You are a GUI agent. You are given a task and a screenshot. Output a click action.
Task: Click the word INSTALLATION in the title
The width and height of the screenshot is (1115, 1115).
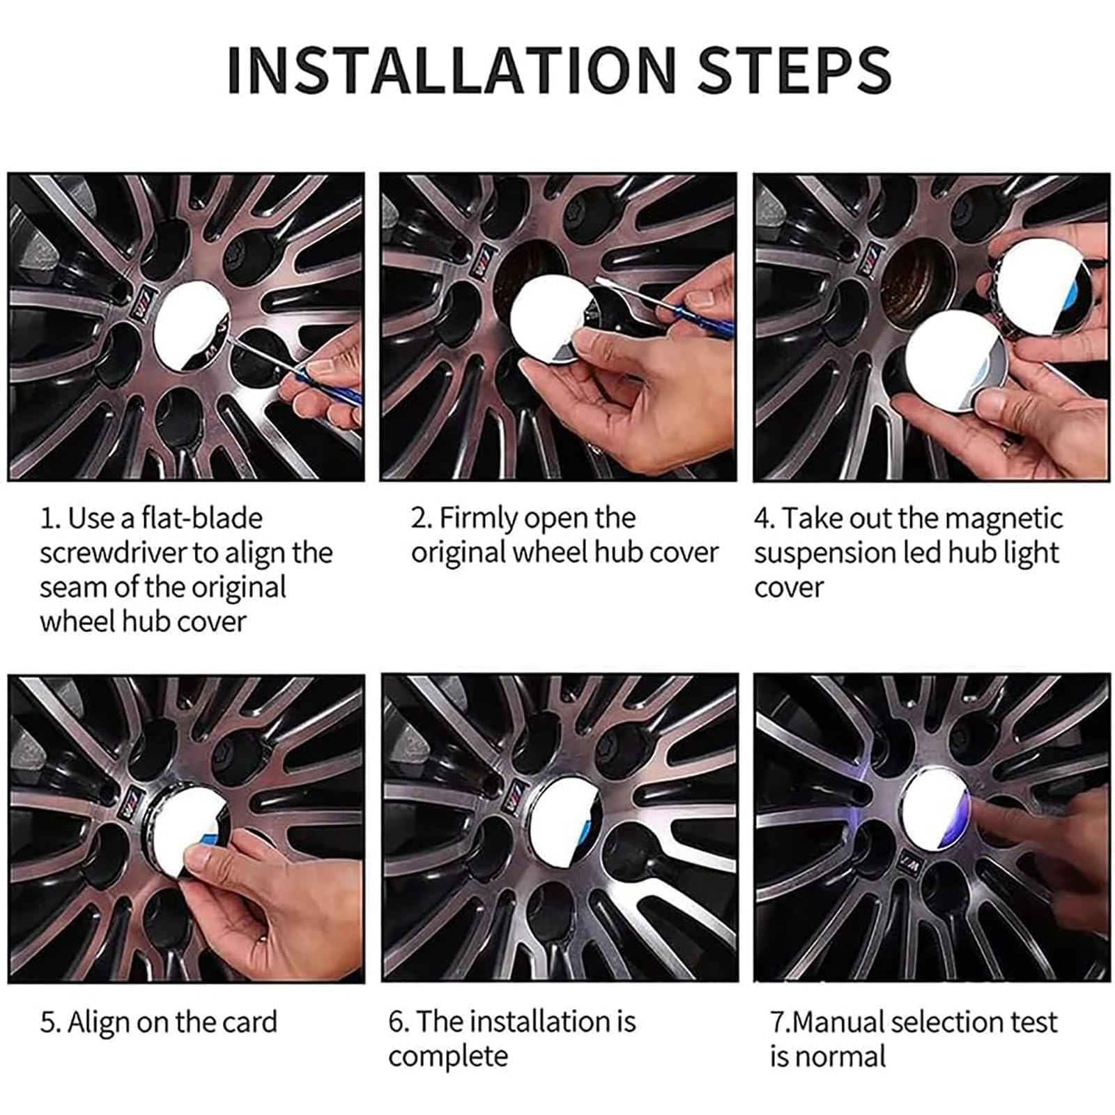452,69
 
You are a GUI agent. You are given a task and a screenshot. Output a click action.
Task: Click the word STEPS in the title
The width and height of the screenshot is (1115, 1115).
794,69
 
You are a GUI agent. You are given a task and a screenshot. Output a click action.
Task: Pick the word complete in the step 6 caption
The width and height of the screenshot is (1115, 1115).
449,1056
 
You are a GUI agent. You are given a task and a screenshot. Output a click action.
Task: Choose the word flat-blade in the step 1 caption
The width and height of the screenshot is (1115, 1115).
202,518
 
